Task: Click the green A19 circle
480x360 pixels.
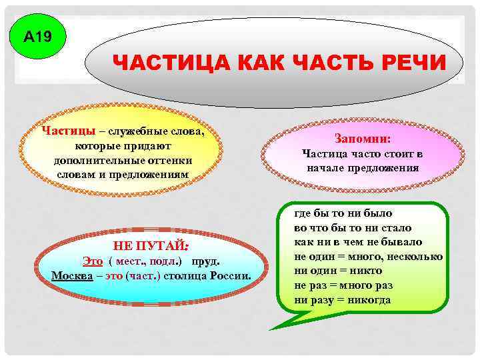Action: [37, 37]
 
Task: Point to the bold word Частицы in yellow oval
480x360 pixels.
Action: [63, 131]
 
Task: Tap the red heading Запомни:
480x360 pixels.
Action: [363, 139]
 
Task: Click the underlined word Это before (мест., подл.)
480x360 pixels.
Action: [93, 261]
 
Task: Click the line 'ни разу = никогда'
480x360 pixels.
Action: [343, 300]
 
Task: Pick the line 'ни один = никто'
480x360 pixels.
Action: [338, 271]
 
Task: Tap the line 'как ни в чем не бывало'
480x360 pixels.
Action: [357, 242]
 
